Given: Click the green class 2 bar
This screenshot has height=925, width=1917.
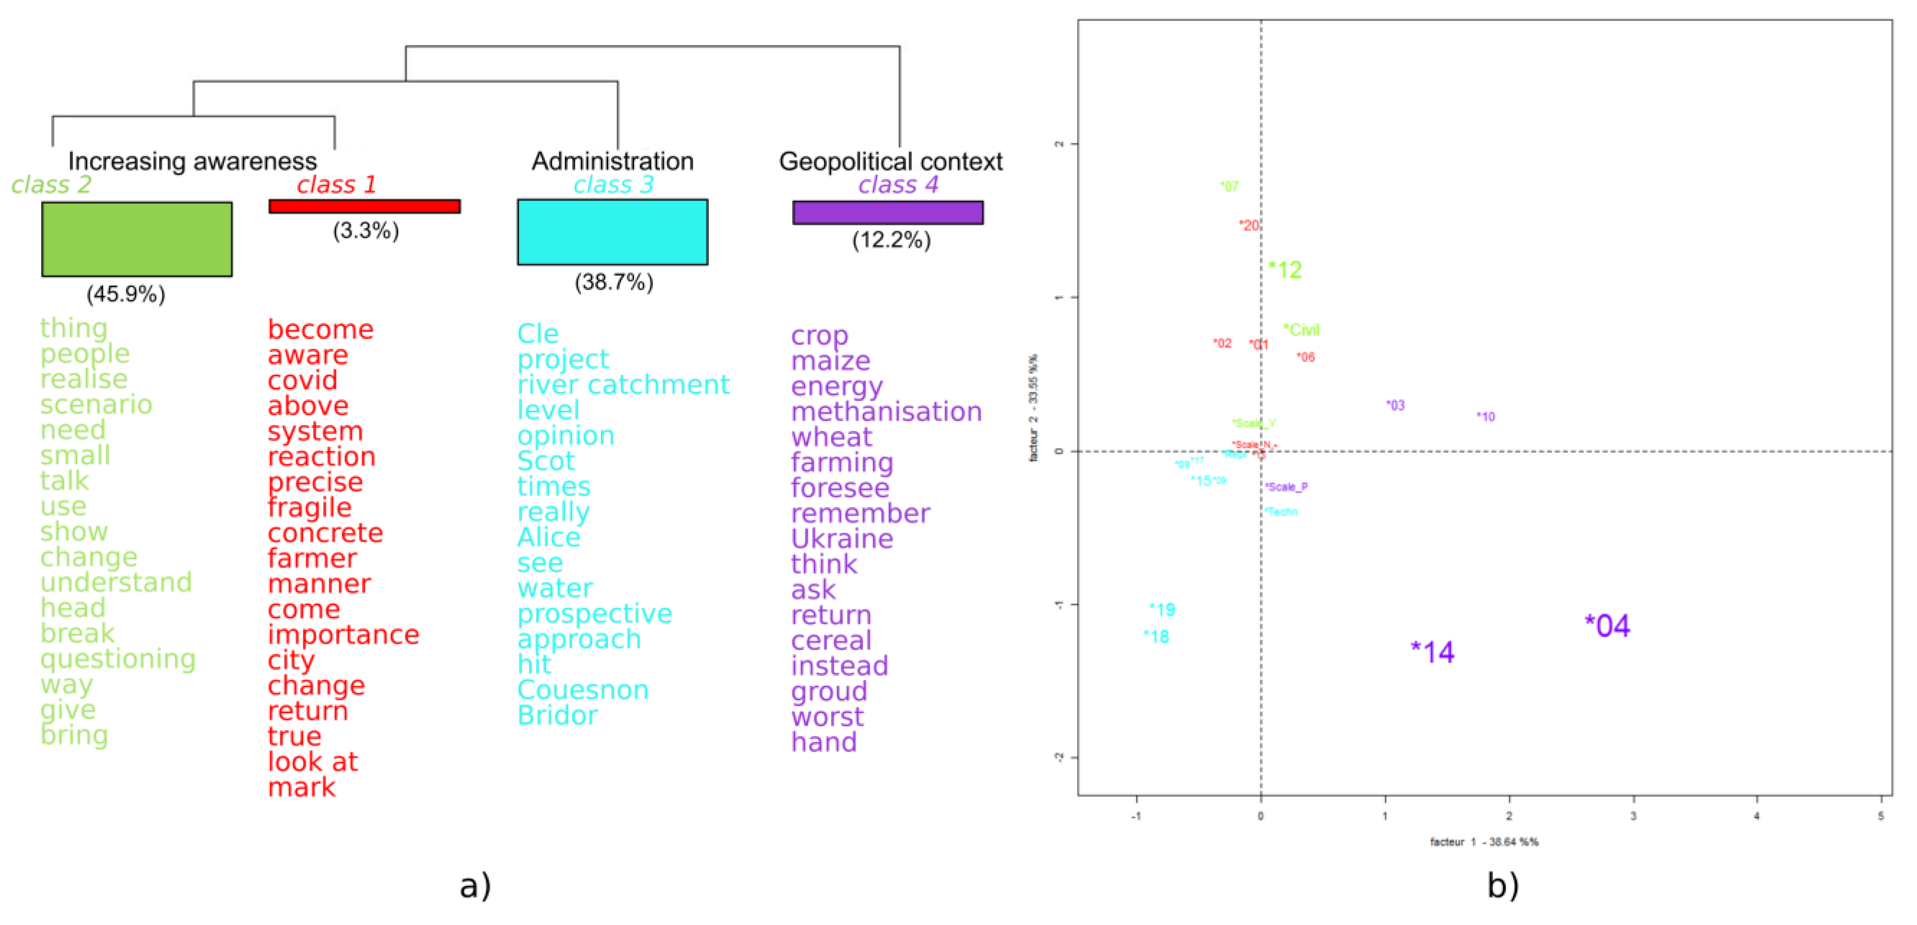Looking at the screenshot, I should click(x=137, y=239).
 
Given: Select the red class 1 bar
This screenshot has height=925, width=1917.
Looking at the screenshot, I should click(x=365, y=206).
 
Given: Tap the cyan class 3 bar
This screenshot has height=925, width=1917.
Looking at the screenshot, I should click(x=612, y=231).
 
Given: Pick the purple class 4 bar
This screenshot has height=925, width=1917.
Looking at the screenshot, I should click(x=888, y=212).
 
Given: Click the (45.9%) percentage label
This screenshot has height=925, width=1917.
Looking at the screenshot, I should click(x=126, y=294).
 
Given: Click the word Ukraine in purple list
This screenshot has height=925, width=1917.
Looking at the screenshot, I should click(x=842, y=538).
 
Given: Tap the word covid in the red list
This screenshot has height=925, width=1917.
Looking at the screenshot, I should click(x=303, y=380).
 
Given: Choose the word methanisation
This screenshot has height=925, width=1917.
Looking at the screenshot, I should click(x=886, y=412).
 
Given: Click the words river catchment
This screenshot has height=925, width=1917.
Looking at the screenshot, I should click(x=624, y=385).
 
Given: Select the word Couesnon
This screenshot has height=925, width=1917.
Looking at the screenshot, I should click(x=583, y=690).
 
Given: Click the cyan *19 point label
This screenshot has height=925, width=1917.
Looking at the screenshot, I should click(x=1162, y=610).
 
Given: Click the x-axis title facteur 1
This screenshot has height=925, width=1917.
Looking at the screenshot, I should click(x=1484, y=842).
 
